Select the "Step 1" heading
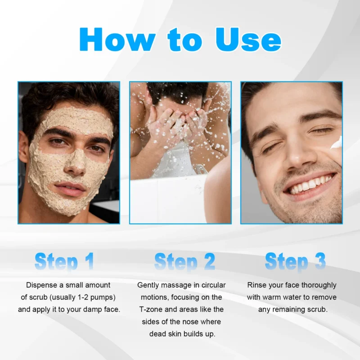tap(64, 261)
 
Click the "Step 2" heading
tap(184, 261)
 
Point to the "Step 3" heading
tap(295, 261)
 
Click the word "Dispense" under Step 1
tap(42, 285)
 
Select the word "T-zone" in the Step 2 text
tap(152, 310)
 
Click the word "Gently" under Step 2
tap(148, 285)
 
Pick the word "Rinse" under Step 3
tap(257, 285)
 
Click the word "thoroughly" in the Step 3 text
tap(318, 285)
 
